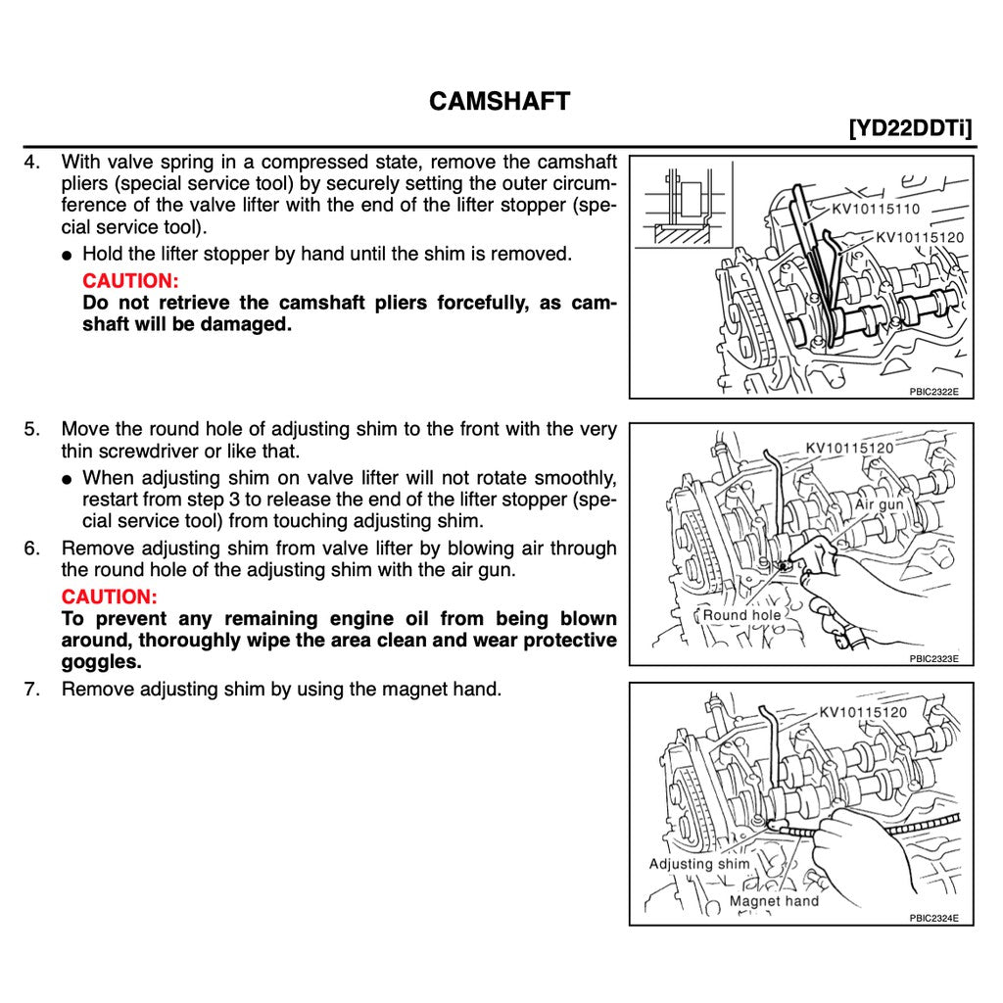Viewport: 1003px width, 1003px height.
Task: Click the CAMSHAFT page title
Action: click(500, 101)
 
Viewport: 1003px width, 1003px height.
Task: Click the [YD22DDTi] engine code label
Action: click(911, 129)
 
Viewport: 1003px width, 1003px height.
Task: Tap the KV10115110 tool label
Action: click(877, 209)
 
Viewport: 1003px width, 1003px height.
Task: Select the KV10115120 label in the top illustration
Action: click(919, 237)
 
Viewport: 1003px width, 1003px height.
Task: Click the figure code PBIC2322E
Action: click(933, 391)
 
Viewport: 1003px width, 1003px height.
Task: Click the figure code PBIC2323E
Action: click(933, 658)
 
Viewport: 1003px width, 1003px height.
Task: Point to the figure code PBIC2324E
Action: click(933, 918)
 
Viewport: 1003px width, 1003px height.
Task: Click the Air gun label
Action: click(879, 504)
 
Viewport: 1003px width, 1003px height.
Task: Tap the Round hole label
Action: click(741, 615)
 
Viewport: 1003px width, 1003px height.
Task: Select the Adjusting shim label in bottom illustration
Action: click(698, 864)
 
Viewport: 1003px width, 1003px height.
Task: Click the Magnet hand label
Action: click(774, 901)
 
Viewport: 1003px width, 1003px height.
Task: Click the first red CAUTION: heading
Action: click(130, 281)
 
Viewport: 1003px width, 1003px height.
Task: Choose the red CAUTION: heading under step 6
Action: click(109, 597)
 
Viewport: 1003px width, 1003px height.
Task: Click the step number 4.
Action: click(31, 162)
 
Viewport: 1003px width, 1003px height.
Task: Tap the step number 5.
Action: click(31, 429)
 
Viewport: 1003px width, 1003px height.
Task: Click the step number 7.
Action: click(31, 689)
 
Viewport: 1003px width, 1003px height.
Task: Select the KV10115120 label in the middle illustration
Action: click(849, 449)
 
